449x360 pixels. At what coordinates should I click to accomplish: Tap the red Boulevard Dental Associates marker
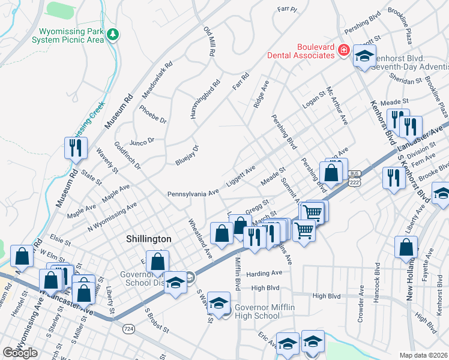point(345,50)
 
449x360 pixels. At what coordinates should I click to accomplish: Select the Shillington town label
point(148,239)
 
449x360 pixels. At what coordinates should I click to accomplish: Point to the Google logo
point(20,353)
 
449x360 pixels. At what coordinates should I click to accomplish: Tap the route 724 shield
point(128,329)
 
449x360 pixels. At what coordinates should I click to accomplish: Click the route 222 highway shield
point(355,181)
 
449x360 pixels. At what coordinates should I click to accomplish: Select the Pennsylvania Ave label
point(194,193)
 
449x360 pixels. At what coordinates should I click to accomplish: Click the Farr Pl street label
point(287,9)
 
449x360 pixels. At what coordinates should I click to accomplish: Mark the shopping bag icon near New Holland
point(406,247)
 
